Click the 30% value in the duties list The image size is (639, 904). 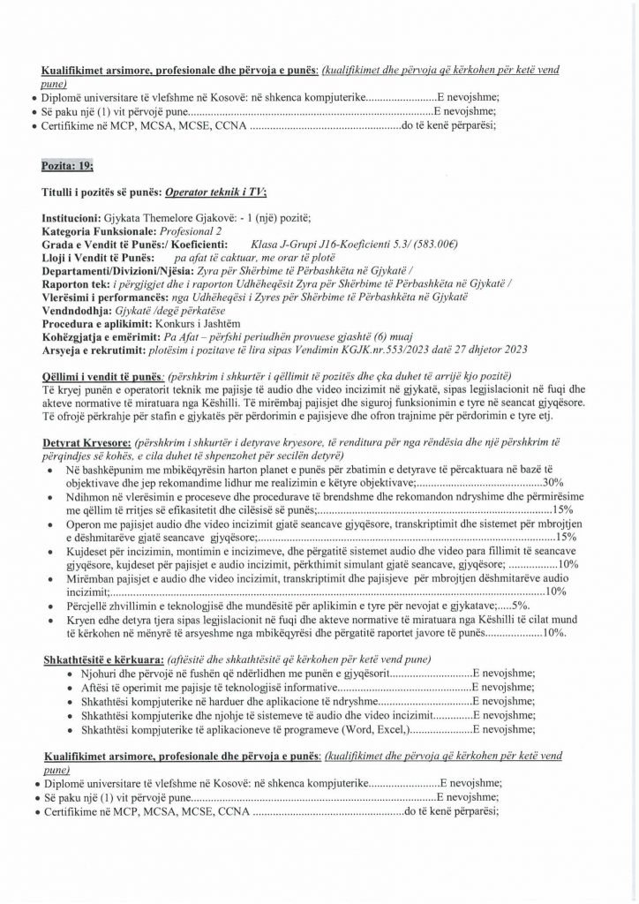point(553,483)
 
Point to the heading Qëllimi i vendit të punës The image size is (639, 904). point(101,376)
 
